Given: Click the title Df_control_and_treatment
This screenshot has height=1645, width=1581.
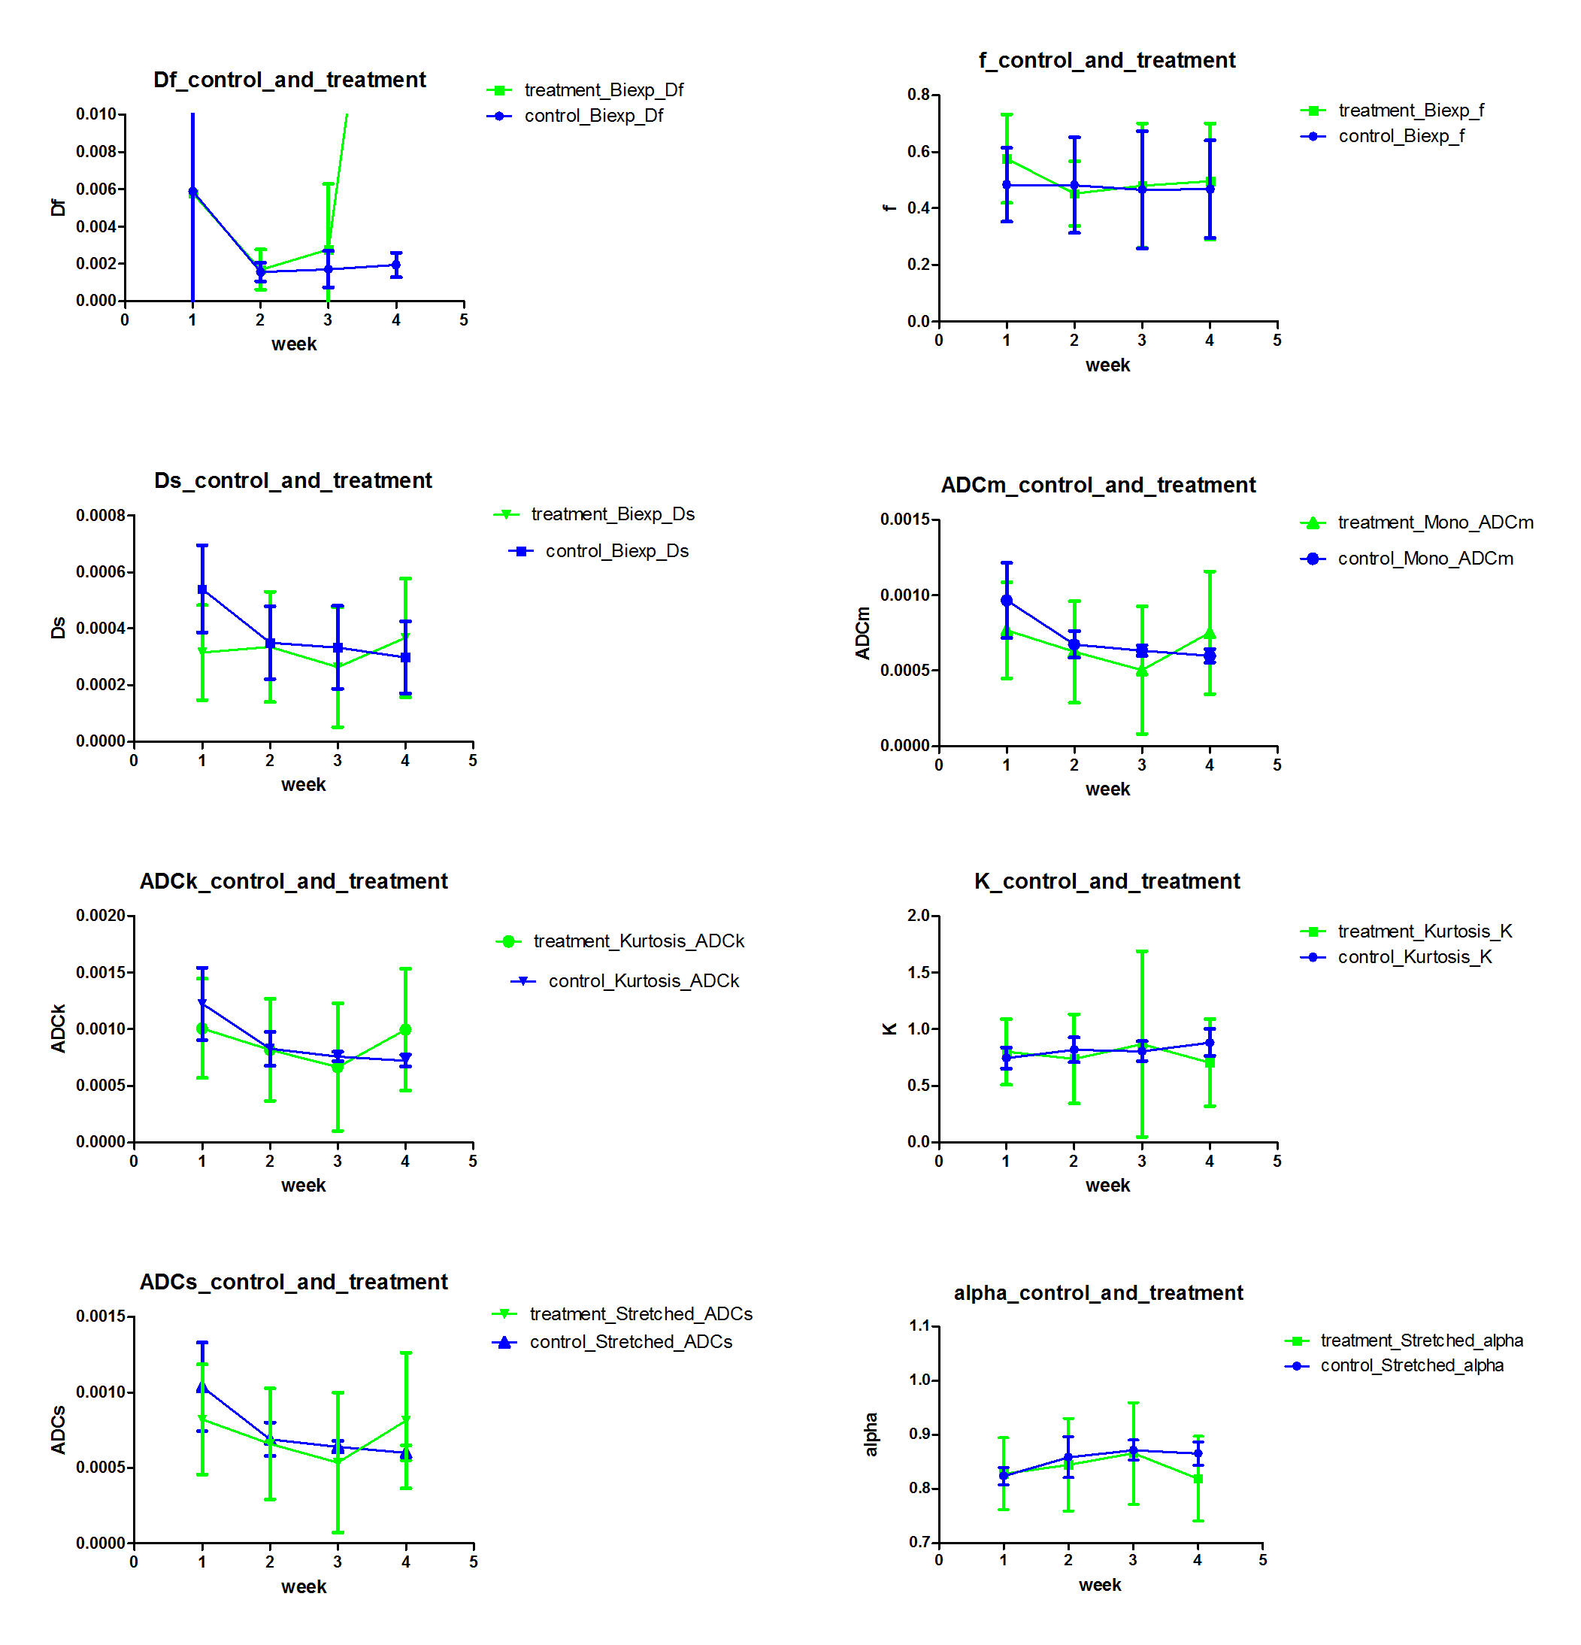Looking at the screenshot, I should click(289, 80).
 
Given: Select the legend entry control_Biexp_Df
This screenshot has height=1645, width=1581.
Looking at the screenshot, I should click(593, 116).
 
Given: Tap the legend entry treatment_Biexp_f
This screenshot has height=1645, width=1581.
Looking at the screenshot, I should click(1410, 110).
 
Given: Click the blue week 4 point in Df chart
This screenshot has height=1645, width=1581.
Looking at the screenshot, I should click(396, 265).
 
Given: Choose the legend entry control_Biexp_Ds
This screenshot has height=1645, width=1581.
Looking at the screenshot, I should click(616, 550).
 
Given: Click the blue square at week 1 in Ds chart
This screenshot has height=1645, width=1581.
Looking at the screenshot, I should click(202, 590).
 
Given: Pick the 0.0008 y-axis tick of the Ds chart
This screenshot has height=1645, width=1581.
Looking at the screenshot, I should click(101, 515).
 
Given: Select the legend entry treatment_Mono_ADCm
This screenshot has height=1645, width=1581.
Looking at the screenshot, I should click(1435, 522).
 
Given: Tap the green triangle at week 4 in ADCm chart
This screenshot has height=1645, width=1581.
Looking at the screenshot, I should click(1210, 634).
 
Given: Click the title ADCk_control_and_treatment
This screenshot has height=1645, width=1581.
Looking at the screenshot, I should click(294, 881).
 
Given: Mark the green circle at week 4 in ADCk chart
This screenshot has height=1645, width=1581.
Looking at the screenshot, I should click(405, 1029).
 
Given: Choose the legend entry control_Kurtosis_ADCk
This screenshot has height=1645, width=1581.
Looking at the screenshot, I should click(643, 980).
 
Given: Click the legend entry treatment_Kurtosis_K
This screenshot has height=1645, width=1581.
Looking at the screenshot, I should click(1424, 931).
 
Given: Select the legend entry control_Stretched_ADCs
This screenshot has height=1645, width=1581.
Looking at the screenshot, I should click(630, 1341).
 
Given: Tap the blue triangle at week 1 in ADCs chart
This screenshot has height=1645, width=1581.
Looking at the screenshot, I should click(202, 1387).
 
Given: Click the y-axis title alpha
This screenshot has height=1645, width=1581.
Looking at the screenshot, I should click(871, 1434).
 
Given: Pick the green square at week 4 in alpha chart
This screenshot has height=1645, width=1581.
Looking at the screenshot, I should click(1198, 1479).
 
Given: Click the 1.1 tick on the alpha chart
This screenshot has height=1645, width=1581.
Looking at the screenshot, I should click(921, 1326).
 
